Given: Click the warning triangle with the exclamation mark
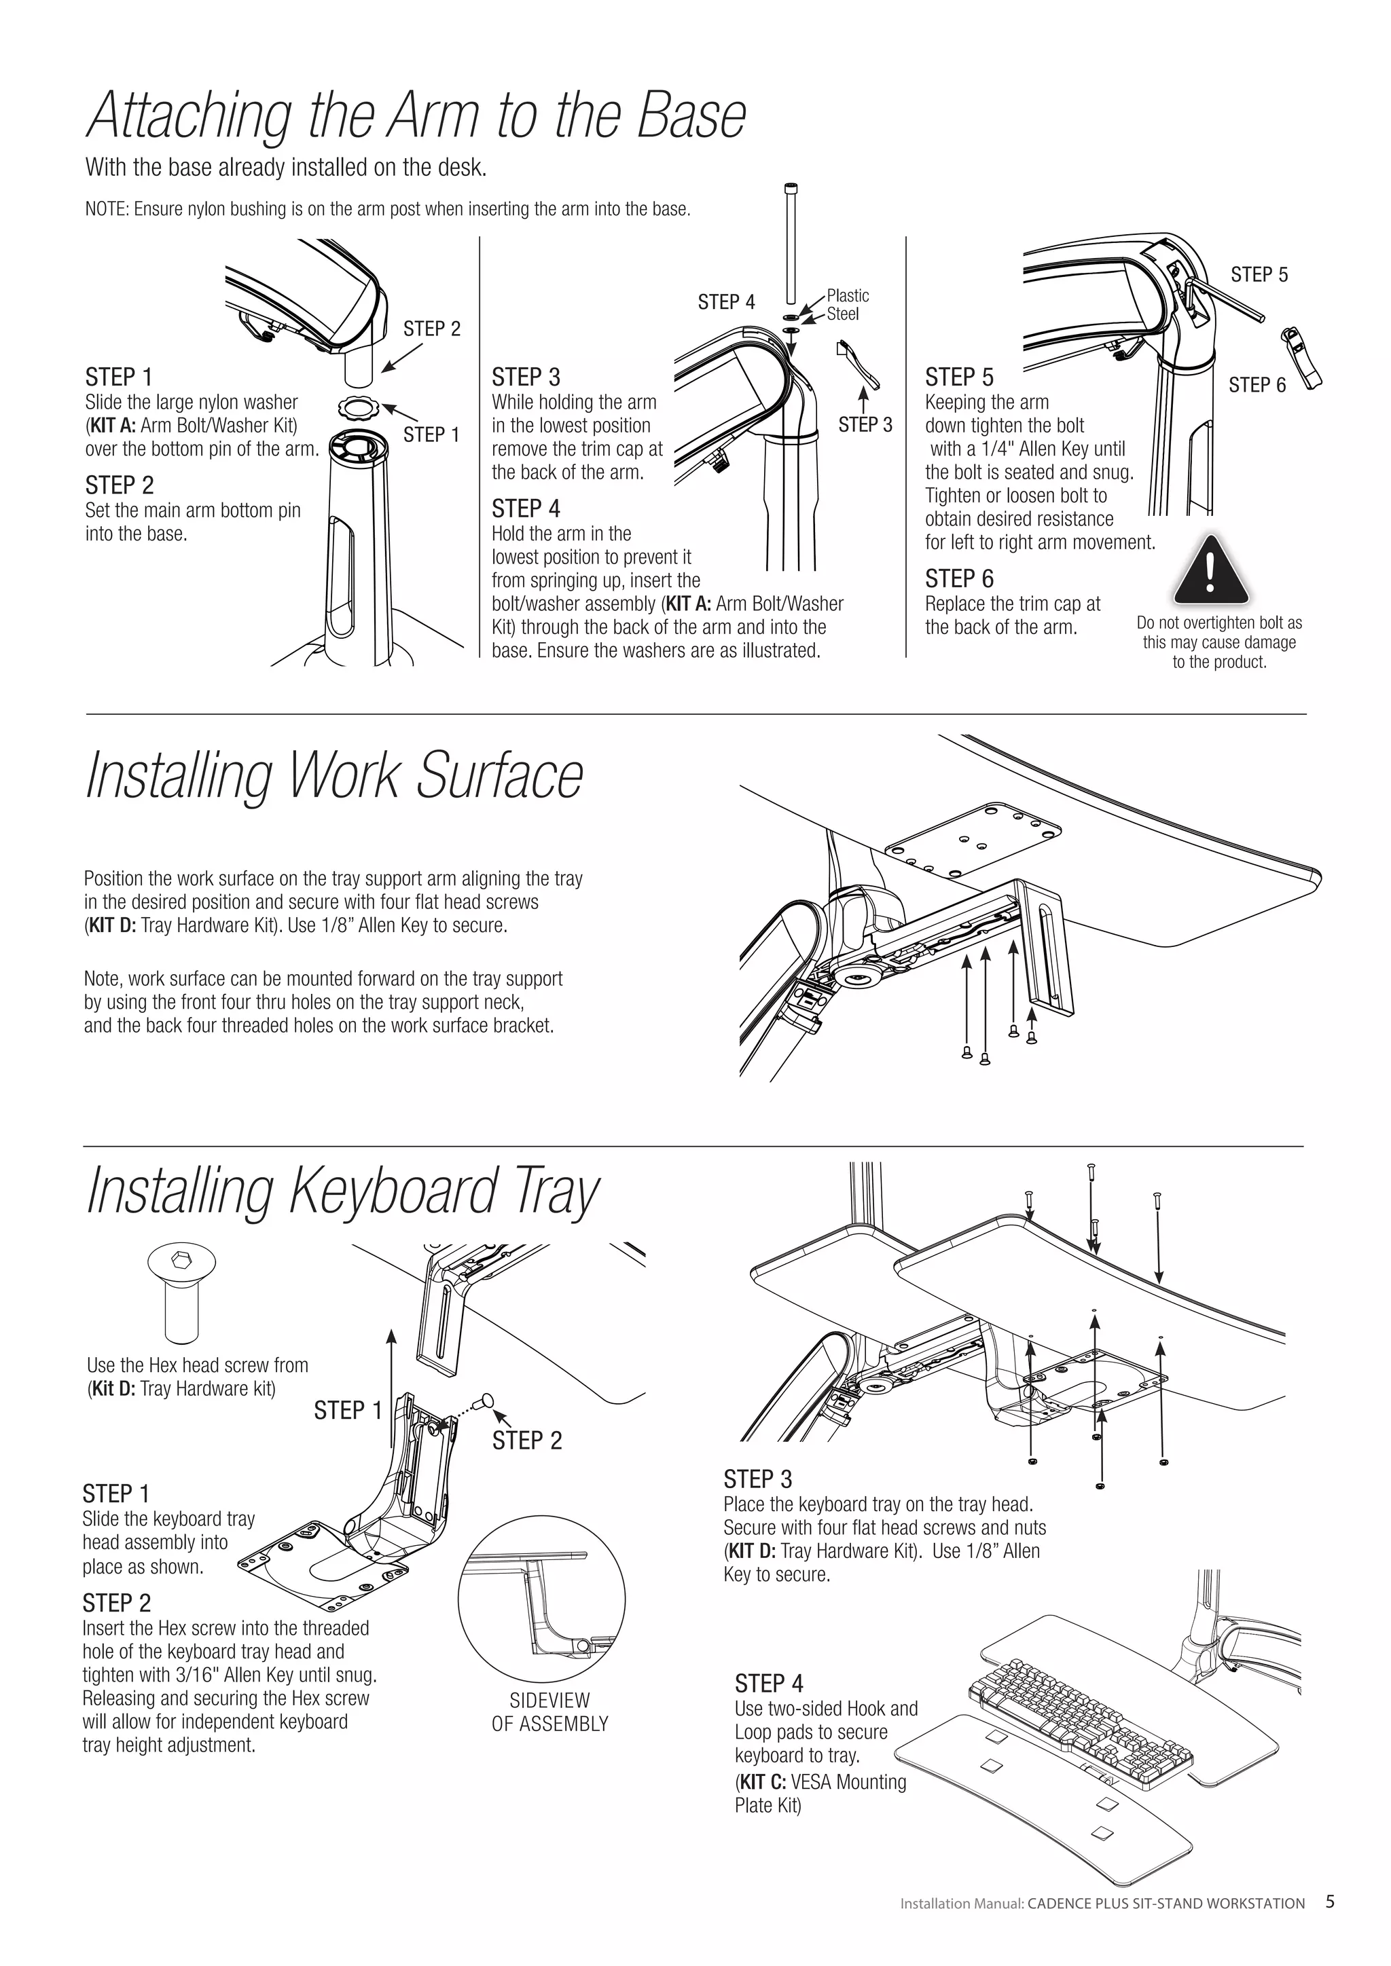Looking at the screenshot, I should [1210, 571].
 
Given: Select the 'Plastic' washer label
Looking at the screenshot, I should [847, 295].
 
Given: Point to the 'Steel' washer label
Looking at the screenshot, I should [843, 314].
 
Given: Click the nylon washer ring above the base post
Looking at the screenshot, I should [355, 406].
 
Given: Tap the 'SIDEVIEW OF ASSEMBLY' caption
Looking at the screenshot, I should [550, 1711].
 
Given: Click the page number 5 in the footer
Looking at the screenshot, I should [1329, 1902].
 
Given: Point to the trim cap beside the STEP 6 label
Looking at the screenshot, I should [1299, 358].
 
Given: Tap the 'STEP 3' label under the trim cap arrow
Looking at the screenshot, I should [865, 425].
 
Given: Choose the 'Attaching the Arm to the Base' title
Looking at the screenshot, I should [416, 115].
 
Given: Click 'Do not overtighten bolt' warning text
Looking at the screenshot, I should [1219, 642].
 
